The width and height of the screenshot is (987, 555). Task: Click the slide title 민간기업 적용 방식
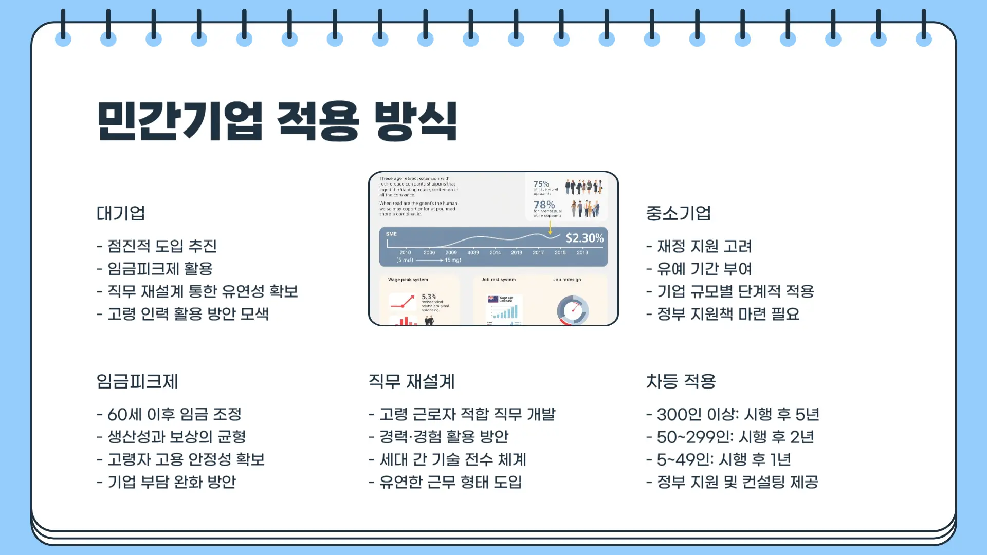(277, 121)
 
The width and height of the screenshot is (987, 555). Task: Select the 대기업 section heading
(121, 213)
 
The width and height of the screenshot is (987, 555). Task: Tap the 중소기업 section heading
(678, 213)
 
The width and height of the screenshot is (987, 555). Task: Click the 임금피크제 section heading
(137, 381)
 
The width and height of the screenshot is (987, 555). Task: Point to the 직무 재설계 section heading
(411, 381)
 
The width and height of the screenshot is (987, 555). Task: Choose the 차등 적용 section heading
(681, 381)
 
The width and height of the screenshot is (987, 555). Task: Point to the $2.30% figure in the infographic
(584, 238)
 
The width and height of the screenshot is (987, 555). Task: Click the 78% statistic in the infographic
(544, 205)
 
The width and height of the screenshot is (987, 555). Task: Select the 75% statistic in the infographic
(541, 184)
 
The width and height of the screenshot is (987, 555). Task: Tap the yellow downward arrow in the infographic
(550, 228)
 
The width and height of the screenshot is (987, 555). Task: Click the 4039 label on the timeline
(473, 253)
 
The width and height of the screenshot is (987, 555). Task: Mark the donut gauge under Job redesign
(572, 310)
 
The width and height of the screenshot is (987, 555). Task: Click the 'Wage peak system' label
(408, 280)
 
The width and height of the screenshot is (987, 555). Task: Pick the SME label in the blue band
(391, 234)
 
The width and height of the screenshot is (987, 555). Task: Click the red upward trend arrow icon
(403, 302)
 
